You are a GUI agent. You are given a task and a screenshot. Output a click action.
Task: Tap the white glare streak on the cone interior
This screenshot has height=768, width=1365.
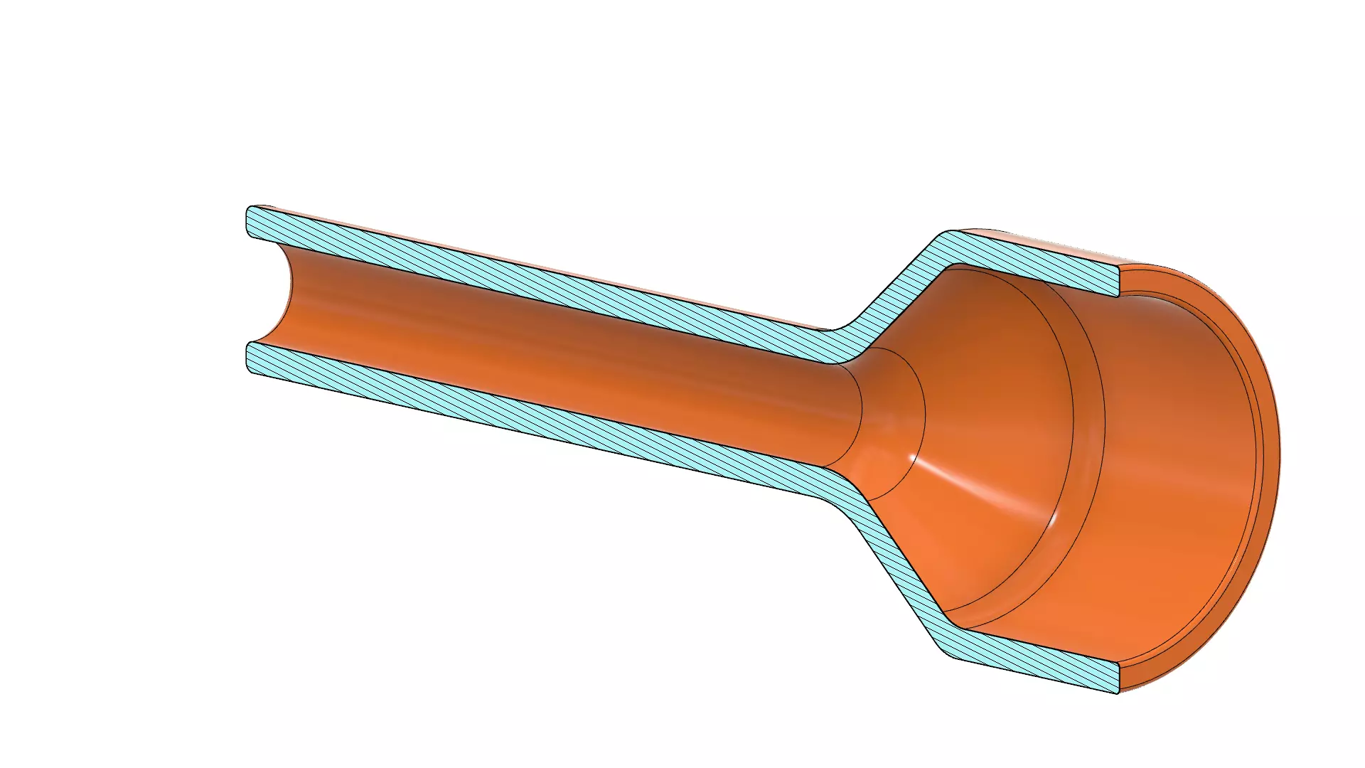point(981,491)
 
